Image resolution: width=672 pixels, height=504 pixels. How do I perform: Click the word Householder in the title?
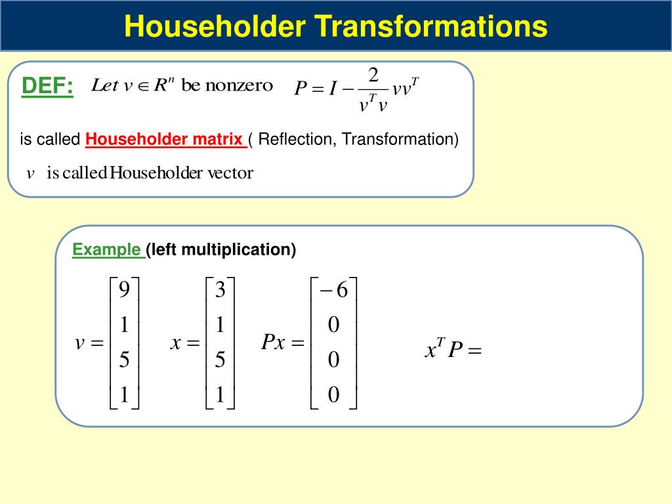click(x=215, y=27)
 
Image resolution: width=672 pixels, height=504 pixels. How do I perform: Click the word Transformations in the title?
click(x=430, y=27)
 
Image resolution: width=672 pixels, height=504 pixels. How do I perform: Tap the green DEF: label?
click(x=47, y=87)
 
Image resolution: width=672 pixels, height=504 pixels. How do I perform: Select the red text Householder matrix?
click(x=165, y=140)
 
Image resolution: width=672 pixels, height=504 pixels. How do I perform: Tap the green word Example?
click(x=107, y=250)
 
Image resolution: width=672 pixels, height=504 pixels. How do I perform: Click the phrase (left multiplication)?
click(x=221, y=250)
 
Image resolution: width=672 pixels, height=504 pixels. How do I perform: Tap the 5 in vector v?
click(x=124, y=360)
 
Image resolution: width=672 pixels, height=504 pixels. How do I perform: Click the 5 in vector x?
click(x=220, y=360)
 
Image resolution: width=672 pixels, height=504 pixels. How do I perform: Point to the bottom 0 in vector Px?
click(x=333, y=394)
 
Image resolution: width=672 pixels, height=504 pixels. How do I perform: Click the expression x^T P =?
click(x=453, y=350)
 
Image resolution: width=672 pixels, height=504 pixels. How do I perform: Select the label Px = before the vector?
click(x=283, y=343)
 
